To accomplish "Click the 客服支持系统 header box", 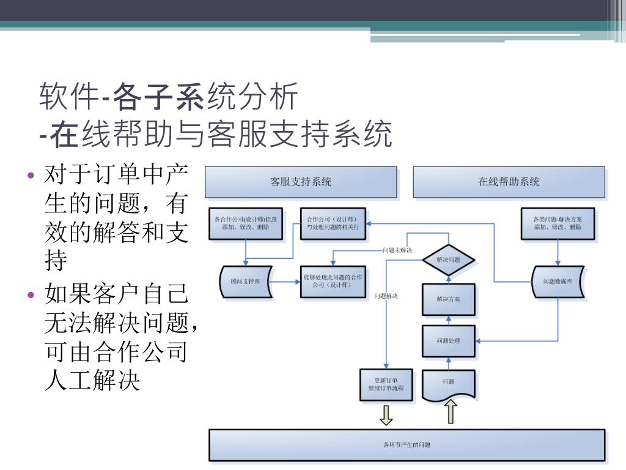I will coord(300,182).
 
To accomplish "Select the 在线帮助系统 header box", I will coord(509,182).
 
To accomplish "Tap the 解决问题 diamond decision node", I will coord(449,259).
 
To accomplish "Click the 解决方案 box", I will coord(448,299).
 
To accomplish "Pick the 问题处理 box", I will coord(448,341).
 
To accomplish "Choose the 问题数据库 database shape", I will coord(557,282).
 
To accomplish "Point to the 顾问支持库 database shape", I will coord(245,282).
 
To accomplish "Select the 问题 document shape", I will coord(448,383).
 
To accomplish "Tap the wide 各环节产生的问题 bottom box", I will coord(407,445).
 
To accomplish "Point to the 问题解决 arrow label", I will coord(386,296).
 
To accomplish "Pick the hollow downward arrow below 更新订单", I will coord(386,416).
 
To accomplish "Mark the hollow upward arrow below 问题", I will coord(451,412).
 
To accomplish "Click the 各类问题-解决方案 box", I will coord(557,223).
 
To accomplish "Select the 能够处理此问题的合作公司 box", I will coord(333,282).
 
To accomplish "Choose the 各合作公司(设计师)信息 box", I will coord(245,223).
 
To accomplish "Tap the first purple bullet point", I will coord(31,176).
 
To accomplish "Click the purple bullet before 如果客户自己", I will coord(31,295).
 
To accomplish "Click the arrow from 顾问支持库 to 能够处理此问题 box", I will coord(286,282).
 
